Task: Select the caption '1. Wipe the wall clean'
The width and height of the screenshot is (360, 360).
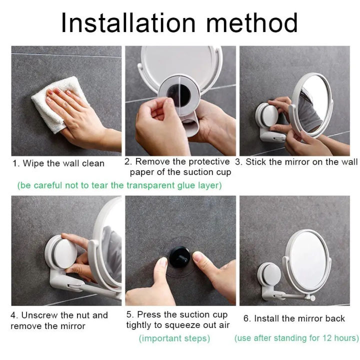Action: pyautogui.click(x=58, y=163)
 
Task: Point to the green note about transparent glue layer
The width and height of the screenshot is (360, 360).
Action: pyautogui.click(x=119, y=185)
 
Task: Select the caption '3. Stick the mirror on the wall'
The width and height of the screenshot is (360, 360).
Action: pyautogui.click(x=296, y=162)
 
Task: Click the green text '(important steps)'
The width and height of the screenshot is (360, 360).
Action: pyautogui.click(x=174, y=338)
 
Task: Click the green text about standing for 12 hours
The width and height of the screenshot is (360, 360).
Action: pyautogui.click(x=296, y=338)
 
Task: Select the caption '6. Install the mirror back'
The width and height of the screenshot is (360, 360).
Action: pyautogui.click(x=294, y=318)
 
